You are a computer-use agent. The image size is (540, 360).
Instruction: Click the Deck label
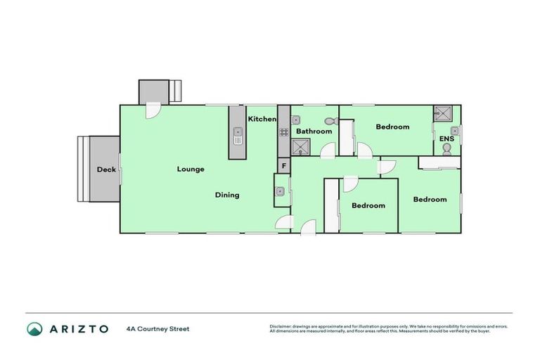(x=106, y=169)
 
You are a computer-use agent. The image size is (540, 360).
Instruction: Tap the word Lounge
(x=191, y=169)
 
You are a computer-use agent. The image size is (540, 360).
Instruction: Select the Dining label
(x=227, y=195)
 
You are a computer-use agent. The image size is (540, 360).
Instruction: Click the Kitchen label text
(x=262, y=120)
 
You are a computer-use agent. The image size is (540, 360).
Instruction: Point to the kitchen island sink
(x=238, y=131)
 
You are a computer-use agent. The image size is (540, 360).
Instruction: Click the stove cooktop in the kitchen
(x=283, y=132)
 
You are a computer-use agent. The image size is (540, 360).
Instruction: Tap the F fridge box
(x=283, y=166)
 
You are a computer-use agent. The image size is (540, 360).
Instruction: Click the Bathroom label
(x=314, y=131)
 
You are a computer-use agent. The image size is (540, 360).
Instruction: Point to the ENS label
(x=446, y=139)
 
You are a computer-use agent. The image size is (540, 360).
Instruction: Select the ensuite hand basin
(x=455, y=130)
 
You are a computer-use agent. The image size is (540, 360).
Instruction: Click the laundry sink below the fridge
(x=281, y=191)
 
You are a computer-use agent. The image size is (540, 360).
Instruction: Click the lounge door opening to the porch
(x=153, y=110)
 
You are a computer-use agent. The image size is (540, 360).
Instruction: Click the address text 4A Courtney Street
(x=158, y=328)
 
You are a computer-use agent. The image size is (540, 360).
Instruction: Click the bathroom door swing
(x=326, y=150)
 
